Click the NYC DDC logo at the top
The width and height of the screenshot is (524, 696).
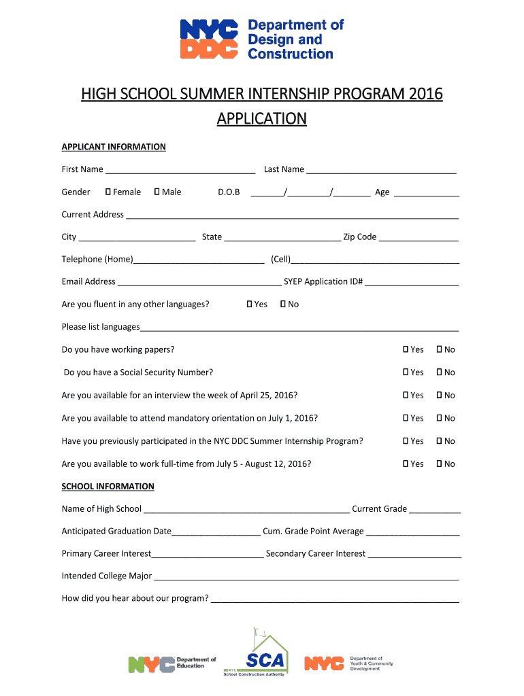[x=261, y=39]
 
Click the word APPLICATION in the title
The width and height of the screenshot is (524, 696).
[x=261, y=119]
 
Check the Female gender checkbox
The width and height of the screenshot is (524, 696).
[x=108, y=192]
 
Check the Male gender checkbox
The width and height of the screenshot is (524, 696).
[x=157, y=192]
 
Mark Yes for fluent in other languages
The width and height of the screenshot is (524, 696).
[x=250, y=304]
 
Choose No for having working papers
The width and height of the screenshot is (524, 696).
[x=439, y=349]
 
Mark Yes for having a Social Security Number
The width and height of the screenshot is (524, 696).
[x=406, y=372]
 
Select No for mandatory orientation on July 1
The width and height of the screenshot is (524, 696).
[x=439, y=418]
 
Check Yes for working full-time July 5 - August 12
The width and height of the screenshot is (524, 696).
[x=406, y=464]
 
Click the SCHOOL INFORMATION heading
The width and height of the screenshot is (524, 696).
[x=108, y=487]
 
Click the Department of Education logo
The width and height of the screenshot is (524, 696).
[x=172, y=663]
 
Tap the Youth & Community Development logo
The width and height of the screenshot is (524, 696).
[x=348, y=663]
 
